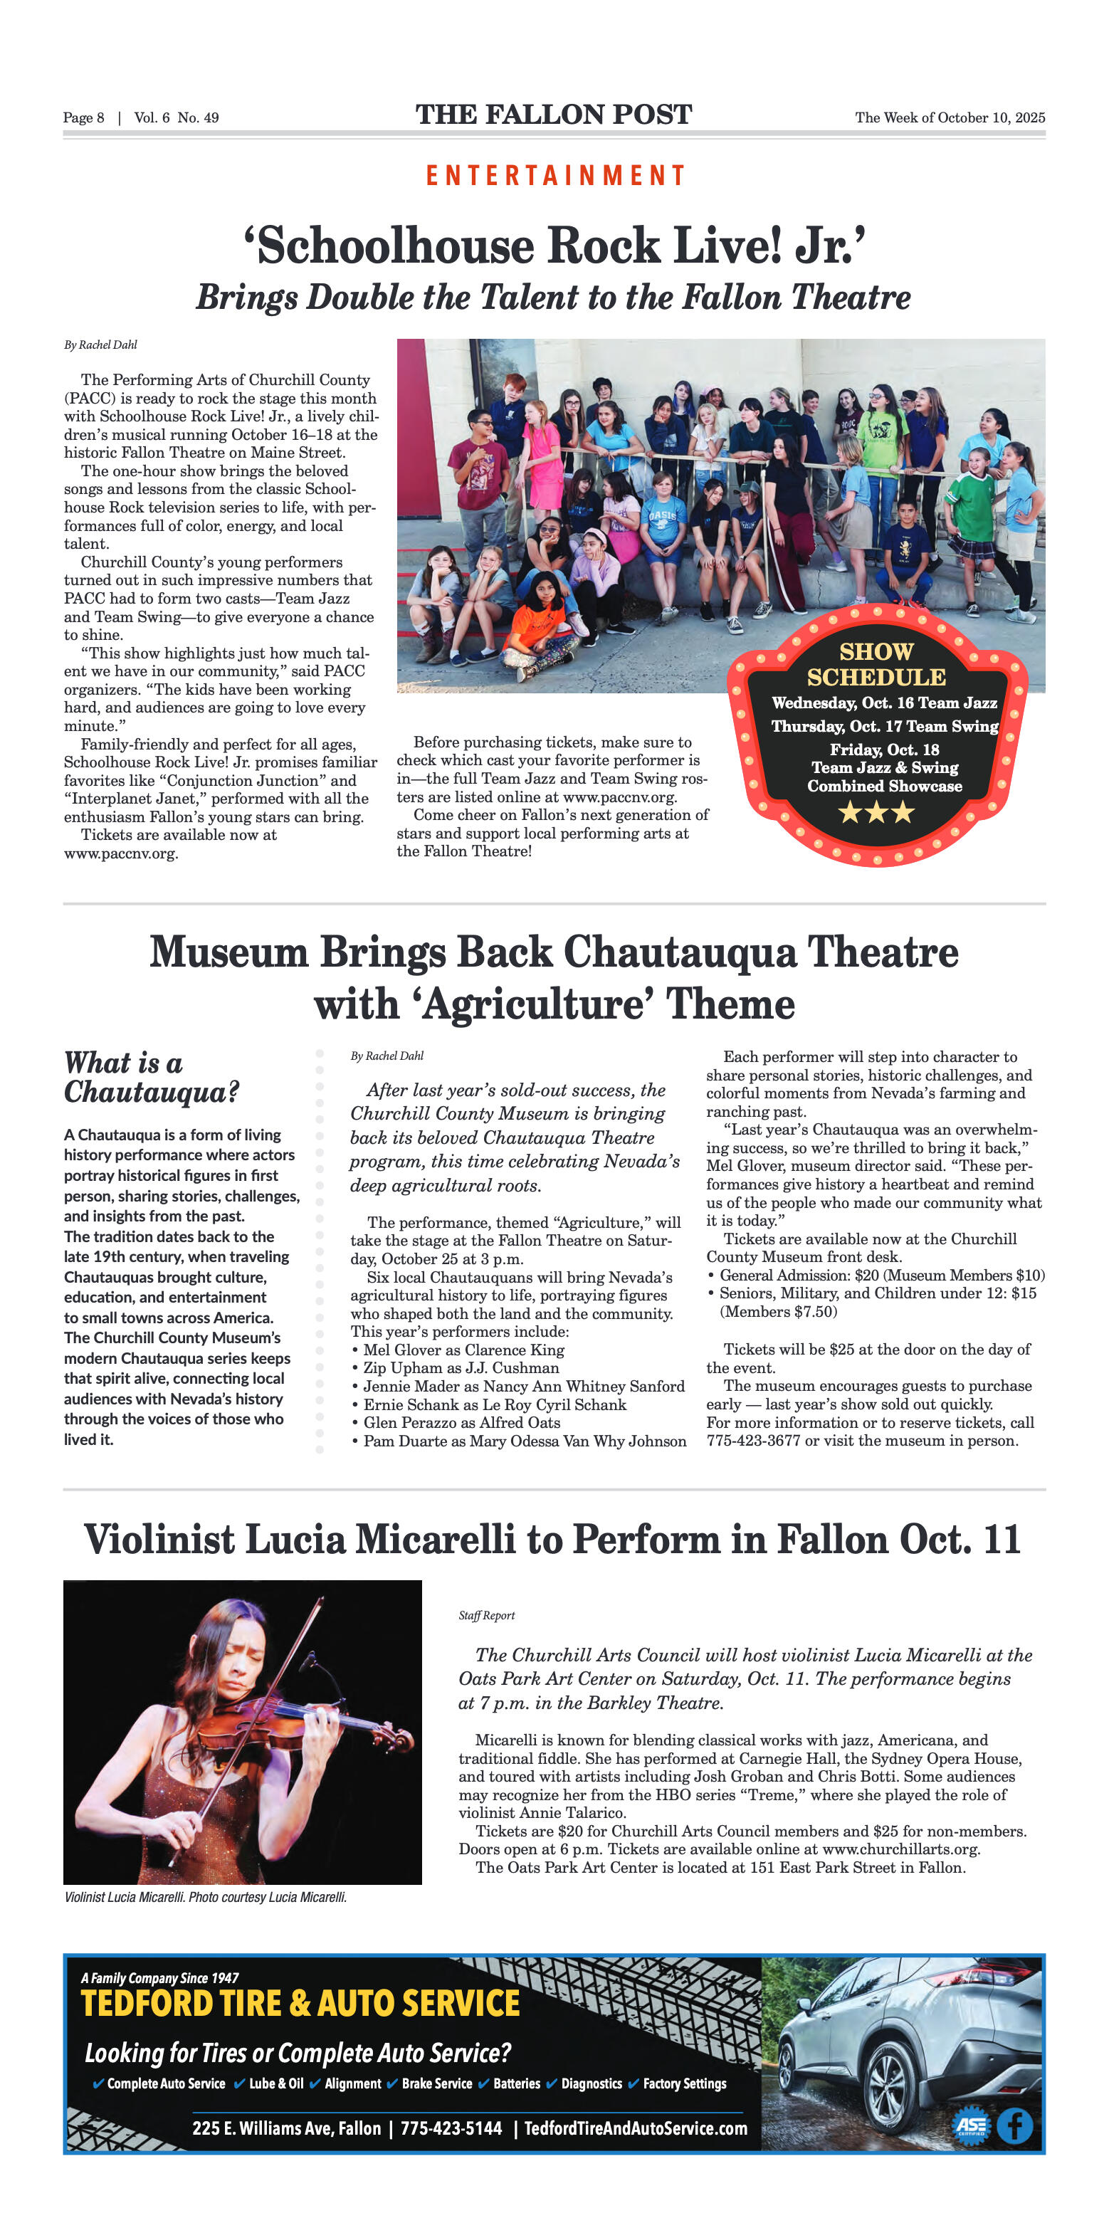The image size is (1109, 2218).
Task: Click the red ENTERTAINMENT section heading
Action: [x=554, y=176]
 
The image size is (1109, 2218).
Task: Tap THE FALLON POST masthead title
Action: [x=554, y=115]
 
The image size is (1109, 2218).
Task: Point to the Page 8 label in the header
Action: [x=83, y=118]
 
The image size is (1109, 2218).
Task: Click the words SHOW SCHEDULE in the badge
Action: [x=876, y=665]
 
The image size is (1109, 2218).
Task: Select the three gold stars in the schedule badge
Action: [x=876, y=812]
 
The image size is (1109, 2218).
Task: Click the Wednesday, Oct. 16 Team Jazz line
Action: [x=884, y=703]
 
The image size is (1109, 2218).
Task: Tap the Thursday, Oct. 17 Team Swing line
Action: [x=884, y=727]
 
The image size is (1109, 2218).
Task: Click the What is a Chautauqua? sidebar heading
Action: [x=151, y=1077]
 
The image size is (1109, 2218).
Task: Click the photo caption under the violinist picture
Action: [x=205, y=1897]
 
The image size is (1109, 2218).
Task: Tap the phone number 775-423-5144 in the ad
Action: [x=451, y=2128]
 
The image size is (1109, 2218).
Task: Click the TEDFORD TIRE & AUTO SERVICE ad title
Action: [x=300, y=2004]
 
